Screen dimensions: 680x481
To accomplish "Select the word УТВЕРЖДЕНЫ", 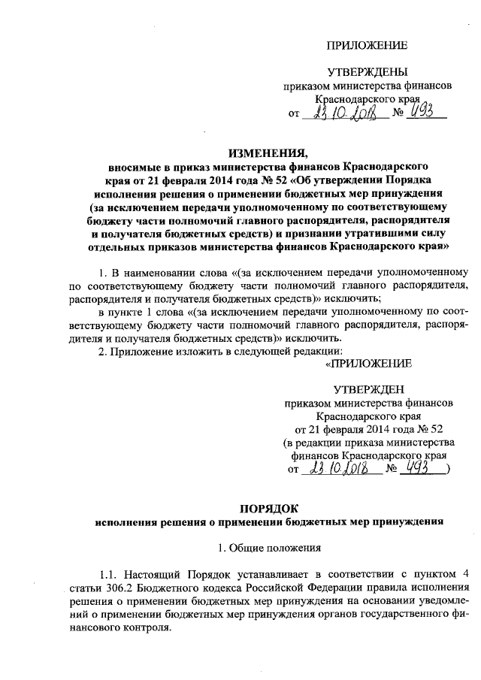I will point(367,72).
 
